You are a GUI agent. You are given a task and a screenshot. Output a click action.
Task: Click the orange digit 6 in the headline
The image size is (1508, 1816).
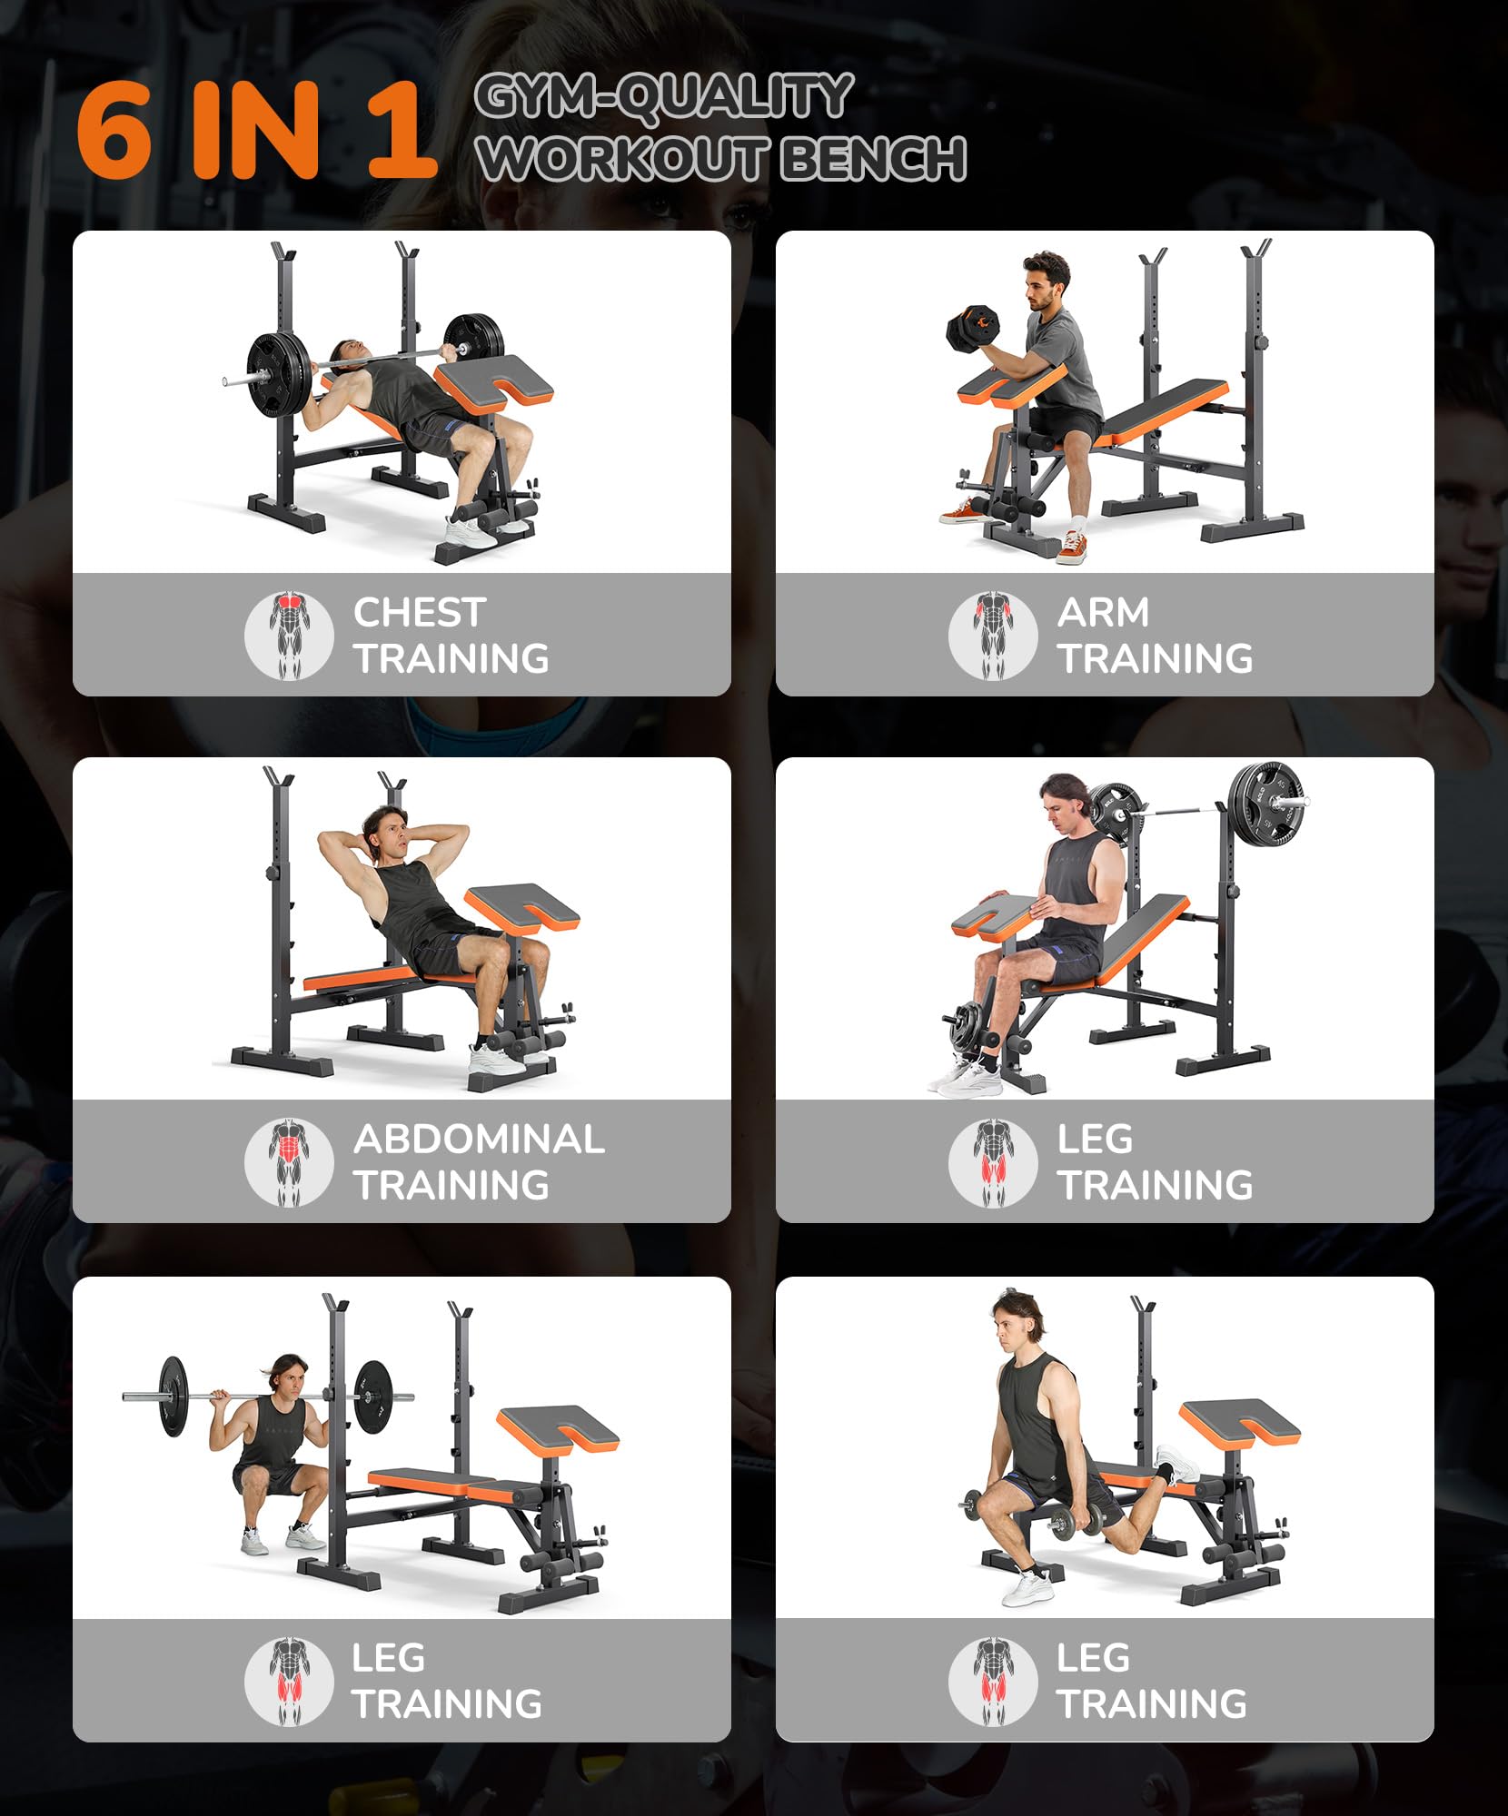point(114,130)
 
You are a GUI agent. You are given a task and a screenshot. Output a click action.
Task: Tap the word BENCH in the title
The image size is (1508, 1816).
point(873,158)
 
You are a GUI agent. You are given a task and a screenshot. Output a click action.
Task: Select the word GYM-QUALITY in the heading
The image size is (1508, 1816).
point(664,96)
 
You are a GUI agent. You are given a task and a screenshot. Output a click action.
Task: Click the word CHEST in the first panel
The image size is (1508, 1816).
point(420,612)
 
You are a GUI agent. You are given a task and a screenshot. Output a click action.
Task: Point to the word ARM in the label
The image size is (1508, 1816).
point(1104,612)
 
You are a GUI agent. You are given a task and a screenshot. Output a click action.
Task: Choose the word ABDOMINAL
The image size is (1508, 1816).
point(480,1139)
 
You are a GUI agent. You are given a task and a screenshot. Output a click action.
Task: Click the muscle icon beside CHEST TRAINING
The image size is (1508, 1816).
point(289,636)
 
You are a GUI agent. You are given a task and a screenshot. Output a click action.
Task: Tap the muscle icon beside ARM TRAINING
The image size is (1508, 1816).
point(993,636)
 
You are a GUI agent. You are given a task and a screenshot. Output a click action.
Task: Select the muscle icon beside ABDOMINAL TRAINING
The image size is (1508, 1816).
point(289,1162)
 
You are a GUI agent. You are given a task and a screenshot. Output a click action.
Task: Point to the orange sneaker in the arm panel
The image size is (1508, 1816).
point(1073,548)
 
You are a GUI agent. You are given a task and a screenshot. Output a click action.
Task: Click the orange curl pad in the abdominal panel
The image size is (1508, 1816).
point(522,911)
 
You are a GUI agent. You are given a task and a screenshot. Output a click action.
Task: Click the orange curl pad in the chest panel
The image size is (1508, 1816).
point(494,385)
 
